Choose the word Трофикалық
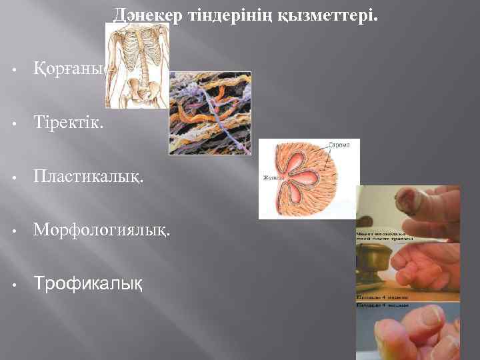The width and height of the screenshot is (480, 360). coord(88,284)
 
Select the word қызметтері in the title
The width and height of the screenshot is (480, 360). coord(337,14)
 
